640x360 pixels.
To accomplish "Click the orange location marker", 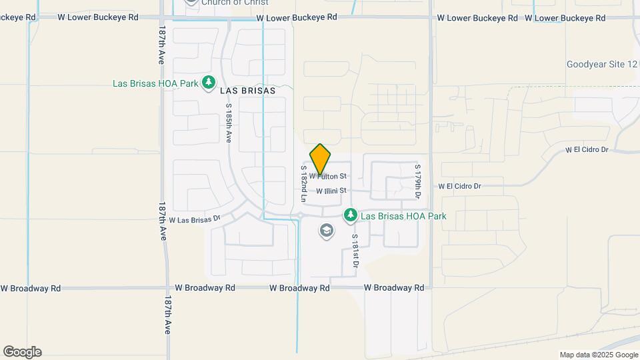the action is point(320,159).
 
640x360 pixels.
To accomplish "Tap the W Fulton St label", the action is point(327,177).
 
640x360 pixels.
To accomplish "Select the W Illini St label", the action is point(331,191).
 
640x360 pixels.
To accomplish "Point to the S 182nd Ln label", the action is point(303,184).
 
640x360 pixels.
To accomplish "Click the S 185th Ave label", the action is point(228,123).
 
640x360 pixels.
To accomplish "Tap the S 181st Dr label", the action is point(355,251).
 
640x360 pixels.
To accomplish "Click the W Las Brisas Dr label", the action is point(195,219).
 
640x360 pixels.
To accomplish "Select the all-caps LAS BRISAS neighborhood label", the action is point(238,91).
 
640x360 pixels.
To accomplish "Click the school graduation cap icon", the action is point(326,231).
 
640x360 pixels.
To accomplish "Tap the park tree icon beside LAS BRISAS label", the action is point(209,83).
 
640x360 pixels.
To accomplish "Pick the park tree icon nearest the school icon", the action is point(351,215).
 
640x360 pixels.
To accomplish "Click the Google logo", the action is point(22,352).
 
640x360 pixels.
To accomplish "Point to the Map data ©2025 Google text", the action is point(598,355).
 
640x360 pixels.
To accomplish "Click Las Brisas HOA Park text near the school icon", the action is point(403,216).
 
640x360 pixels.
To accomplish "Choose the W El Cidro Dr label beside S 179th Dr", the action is point(459,186).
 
